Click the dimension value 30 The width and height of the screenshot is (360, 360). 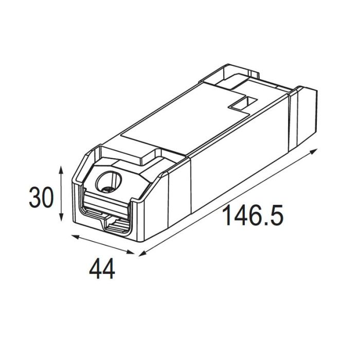(x=41, y=198)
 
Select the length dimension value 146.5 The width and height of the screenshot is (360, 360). (x=252, y=216)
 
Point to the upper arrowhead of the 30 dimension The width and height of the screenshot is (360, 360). (x=62, y=169)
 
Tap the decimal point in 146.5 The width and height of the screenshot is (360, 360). (x=266, y=225)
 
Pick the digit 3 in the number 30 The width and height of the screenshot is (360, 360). (x=35, y=198)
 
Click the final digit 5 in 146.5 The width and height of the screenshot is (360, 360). (x=276, y=216)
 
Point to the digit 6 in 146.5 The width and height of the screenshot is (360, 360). (x=255, y=216)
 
